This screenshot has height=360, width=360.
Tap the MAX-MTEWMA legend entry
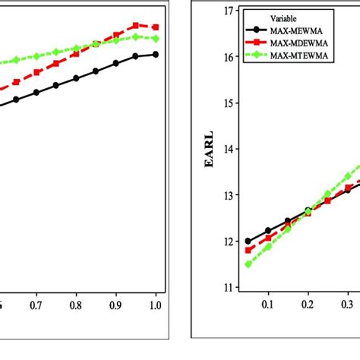281,56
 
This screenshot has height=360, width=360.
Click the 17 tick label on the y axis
229,11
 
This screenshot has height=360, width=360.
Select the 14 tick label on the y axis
229,149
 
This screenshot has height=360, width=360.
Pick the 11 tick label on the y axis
229,287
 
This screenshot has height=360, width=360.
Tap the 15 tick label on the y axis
229,103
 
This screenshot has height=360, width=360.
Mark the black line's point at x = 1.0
155,54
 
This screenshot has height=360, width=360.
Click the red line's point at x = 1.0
155,27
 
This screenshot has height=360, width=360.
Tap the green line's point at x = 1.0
155,38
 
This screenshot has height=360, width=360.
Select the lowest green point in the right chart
248,264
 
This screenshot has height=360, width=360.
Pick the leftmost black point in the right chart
248,241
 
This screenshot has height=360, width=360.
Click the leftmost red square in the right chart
248,250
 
